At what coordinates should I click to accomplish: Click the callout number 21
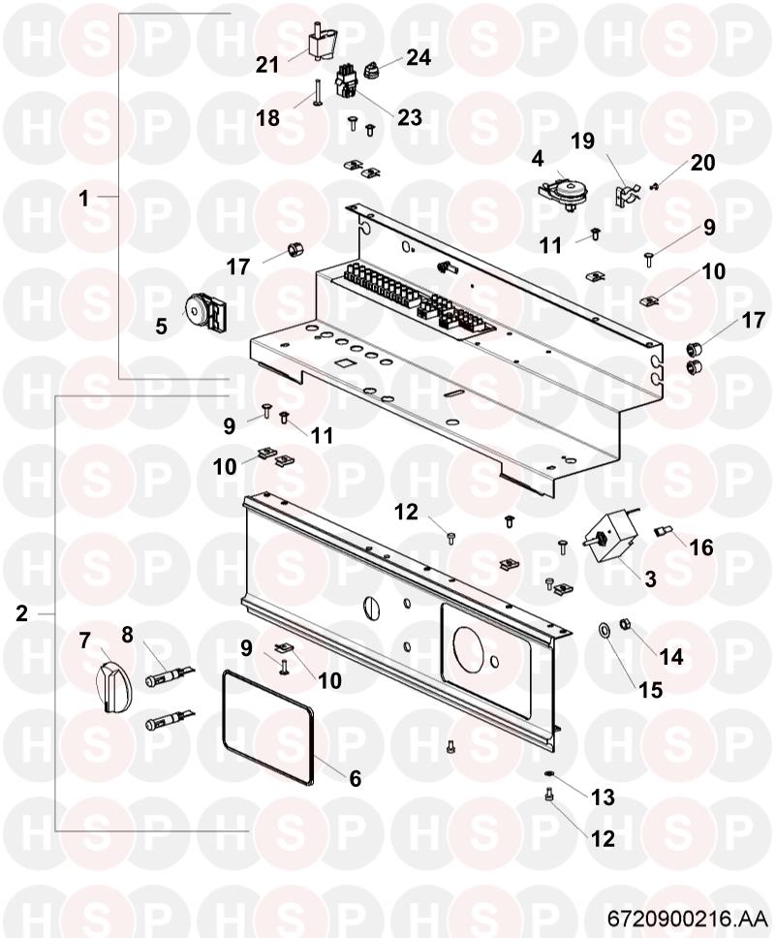267,65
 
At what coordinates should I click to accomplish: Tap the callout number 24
418,57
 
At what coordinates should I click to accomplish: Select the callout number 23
410,117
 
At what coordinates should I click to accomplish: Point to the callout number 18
268,118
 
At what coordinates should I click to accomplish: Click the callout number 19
583,141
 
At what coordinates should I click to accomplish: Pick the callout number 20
702,162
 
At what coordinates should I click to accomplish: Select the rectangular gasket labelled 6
268,727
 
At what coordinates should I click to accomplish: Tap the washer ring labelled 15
604,630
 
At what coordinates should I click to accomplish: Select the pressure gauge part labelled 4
561,192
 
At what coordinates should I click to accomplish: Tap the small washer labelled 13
549,774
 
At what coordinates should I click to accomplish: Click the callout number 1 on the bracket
83,198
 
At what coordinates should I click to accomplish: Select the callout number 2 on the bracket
21,613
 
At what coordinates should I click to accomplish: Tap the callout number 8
127,635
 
